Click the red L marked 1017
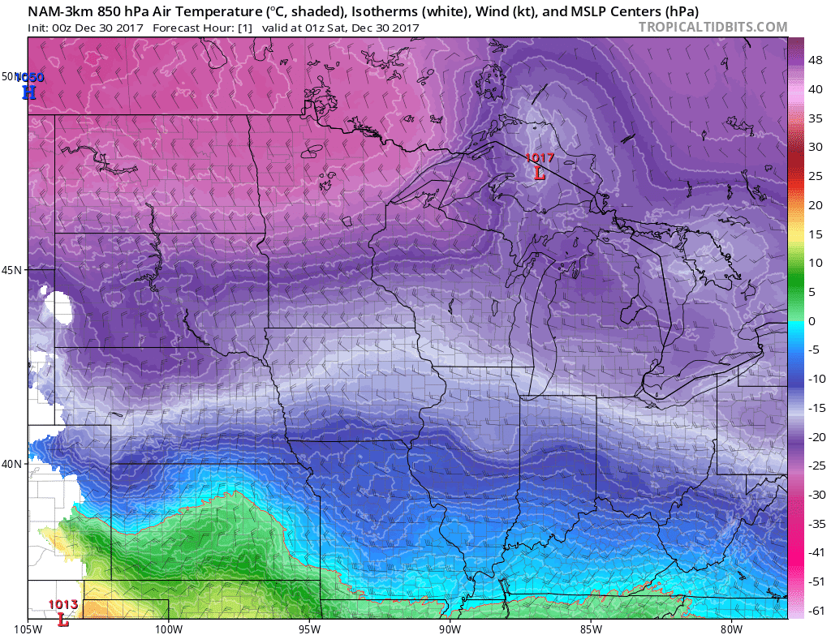539,172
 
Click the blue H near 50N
29,92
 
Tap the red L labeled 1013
62,620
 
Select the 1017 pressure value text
540,158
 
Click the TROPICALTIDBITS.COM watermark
713,27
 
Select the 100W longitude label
169,627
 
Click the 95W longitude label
309,627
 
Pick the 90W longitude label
450,627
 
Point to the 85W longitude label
591,627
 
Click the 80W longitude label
731,627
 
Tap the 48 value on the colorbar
816,60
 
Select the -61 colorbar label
817,611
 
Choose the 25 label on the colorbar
816,176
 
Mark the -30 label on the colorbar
817,495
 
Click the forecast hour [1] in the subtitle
246,27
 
